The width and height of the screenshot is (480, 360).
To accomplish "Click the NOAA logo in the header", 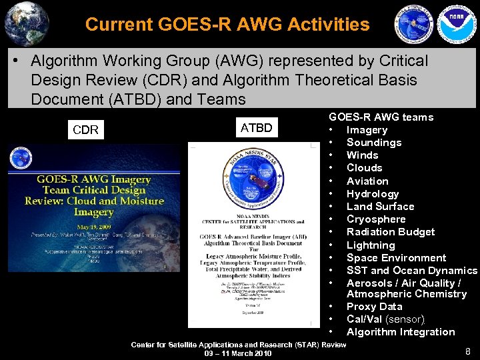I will [456, 24].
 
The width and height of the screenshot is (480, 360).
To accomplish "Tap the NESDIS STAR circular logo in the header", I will [413, 25].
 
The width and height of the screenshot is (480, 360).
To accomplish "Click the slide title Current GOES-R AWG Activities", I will [227, 25].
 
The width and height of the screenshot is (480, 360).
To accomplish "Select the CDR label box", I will [85, 130].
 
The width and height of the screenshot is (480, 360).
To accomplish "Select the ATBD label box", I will [256, 127].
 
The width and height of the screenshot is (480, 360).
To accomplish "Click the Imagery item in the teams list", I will [367, 130].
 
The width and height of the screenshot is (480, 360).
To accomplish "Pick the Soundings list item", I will [373, 143].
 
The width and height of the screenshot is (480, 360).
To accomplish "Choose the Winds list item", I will [362, 155].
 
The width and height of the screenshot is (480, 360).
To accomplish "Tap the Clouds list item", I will [364, 168].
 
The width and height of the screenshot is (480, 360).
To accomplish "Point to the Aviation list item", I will [367, 181].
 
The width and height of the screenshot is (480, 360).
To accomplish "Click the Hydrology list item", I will [373, 193].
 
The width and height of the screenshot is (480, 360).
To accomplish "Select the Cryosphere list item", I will [376, 219].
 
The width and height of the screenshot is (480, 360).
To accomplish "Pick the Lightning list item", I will [371, 245].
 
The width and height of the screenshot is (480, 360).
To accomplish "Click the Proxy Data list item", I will [374, 307].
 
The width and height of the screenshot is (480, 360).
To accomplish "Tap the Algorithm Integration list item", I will [401, 332].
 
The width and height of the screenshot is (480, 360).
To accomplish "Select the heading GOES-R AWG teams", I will [381, 117].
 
